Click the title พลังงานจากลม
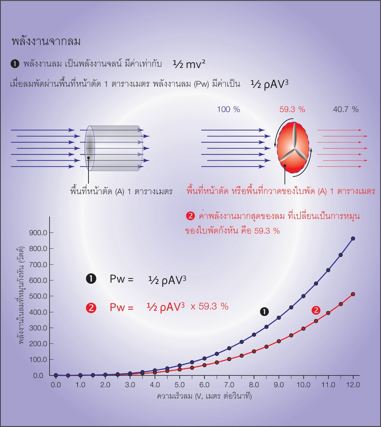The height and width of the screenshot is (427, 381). (46, 41)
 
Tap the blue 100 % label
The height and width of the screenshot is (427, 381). (228, 110)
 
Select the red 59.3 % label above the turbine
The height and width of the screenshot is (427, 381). (292, 110)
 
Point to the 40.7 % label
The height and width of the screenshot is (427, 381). (346, 110)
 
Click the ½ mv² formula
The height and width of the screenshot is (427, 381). (189, 64)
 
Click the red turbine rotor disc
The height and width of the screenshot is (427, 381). (293, 148)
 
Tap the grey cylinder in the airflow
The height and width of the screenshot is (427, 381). (114, 148)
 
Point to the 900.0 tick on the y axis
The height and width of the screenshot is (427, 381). (38, 233)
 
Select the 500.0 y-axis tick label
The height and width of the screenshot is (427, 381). (38, 296)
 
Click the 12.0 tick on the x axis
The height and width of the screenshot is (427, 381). (353, 385)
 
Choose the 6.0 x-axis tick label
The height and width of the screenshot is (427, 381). (204, 385)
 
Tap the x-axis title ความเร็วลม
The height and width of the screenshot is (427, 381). (204, 396)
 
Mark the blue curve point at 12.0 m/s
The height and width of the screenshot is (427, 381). (353, 239)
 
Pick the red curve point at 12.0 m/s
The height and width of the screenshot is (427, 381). (353, 294)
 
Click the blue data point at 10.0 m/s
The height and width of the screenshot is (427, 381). (303, 296)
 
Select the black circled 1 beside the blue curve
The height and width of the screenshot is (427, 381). (264, 312)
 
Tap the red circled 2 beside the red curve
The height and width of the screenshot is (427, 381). (316, 310)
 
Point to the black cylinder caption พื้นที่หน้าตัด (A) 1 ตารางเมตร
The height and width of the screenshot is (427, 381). (121, 191)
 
